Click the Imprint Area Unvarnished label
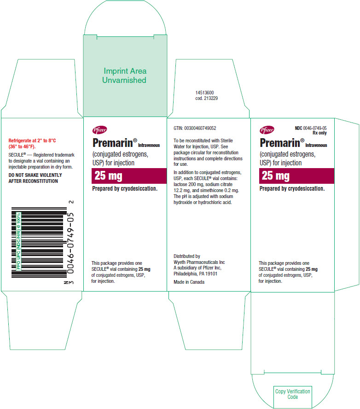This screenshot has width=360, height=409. (x=124, y=76)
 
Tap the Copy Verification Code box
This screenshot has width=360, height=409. (x=292, y=394)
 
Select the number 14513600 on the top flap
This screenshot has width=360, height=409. (x=205, y=93)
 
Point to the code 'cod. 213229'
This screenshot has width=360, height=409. (x=206, y=99)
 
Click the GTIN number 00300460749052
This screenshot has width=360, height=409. (x=200, y=128)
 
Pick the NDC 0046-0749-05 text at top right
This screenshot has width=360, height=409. (x=311, y=128)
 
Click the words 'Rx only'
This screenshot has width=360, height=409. (x=319, y=133)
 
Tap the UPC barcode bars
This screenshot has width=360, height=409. (x=39, y=242)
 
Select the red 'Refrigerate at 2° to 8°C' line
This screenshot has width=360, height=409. (x=32, y=140)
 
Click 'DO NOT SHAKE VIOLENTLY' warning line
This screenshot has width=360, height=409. (x=35, y=175)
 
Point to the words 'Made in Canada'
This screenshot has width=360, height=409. (x=189, y=282)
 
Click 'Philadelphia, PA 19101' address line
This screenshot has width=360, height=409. (x=196, y=274)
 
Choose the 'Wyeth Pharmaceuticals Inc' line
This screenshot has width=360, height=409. (x=199, y=262)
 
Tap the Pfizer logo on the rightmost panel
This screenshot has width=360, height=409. (x=267, y=129)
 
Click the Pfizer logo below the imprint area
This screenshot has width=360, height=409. (x=99, y=129)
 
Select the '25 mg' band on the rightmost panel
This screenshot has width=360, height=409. (x=296, y=176)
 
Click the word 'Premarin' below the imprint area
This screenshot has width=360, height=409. (x=113, y=143)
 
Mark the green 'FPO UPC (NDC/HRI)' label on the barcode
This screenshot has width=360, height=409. (x=18, y=241)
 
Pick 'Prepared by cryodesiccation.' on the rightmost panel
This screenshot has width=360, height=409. (x=292, y=188)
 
